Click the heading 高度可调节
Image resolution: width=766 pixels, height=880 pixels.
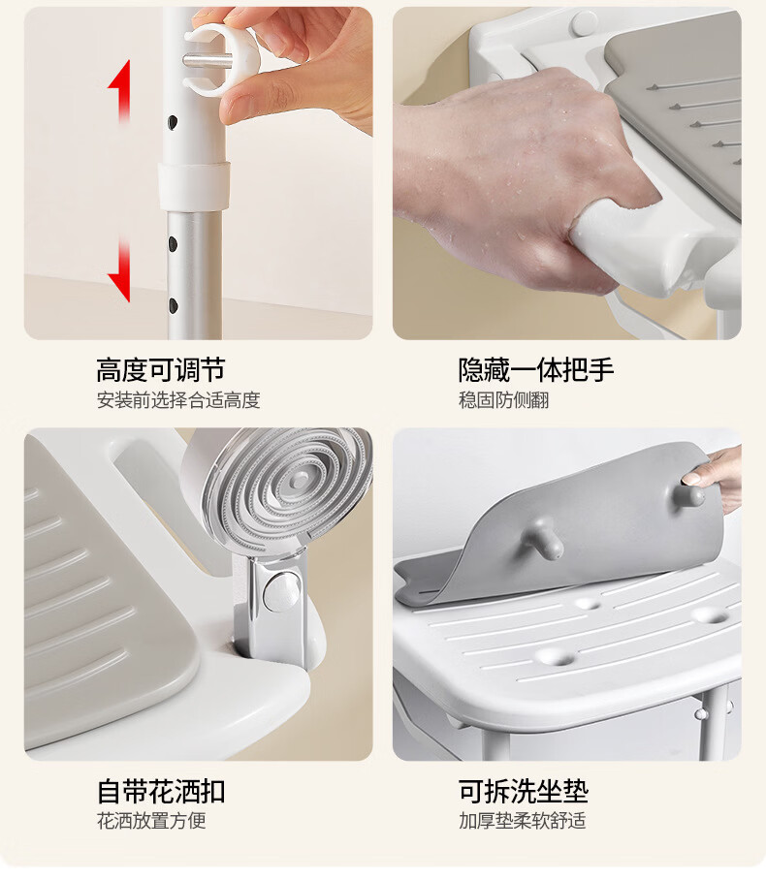pos(161,370)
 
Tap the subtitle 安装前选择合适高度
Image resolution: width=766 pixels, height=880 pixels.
pos(178,400)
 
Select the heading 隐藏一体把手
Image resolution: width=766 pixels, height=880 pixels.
pos(536,370)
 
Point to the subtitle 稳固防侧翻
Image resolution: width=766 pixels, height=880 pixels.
pos(504,400)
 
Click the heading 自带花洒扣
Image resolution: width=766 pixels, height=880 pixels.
pos(161,792)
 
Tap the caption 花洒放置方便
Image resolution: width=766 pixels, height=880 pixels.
pos(151,821)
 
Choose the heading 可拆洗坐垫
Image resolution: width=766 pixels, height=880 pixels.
pos(524,792)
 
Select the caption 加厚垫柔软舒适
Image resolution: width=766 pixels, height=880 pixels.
pos(523,821)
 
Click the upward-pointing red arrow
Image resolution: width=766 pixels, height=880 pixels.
pos(119,91)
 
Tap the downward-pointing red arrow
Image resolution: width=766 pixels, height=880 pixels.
pos(119,270)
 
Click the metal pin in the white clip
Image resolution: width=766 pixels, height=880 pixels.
pos(207,59)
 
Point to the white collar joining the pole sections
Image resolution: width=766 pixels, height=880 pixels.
pos(193,186)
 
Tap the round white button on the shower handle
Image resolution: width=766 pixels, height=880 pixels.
pos(282,591)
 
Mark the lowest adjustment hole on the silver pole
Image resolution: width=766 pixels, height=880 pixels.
pos(173,305)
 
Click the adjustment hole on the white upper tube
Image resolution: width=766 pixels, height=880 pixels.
pos(172,122)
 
